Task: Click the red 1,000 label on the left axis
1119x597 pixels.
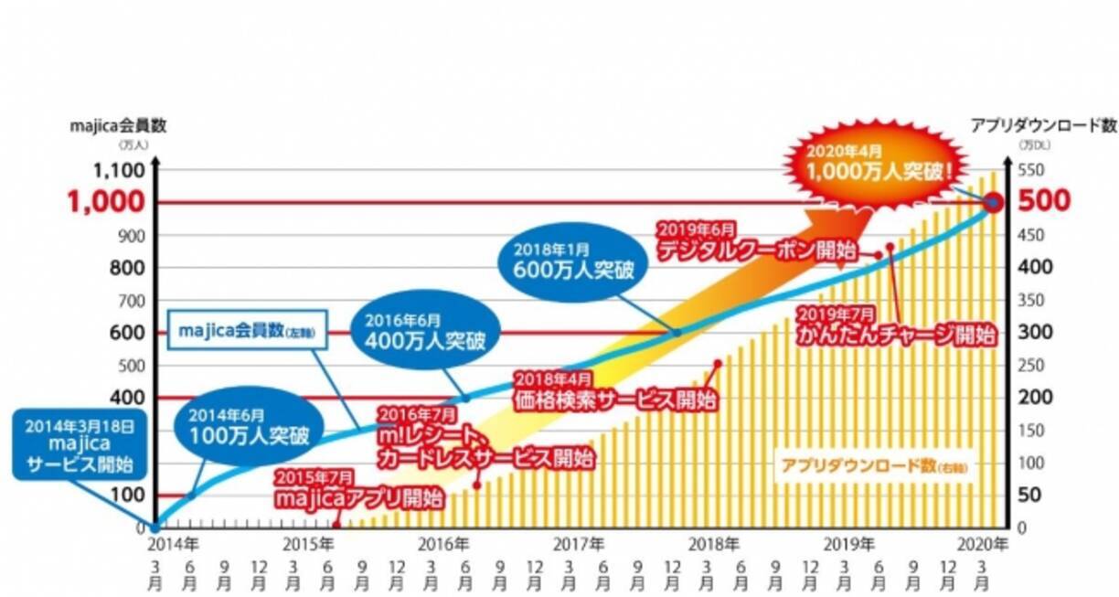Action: (x=118, y=202)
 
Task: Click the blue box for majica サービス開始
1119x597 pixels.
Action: (x=79, y=444)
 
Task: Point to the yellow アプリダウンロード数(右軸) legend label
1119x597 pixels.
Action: (x=872, y=465)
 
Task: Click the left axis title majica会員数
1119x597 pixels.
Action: (x=118, y=127)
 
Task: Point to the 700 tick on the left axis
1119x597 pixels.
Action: (x=130, y=299)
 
